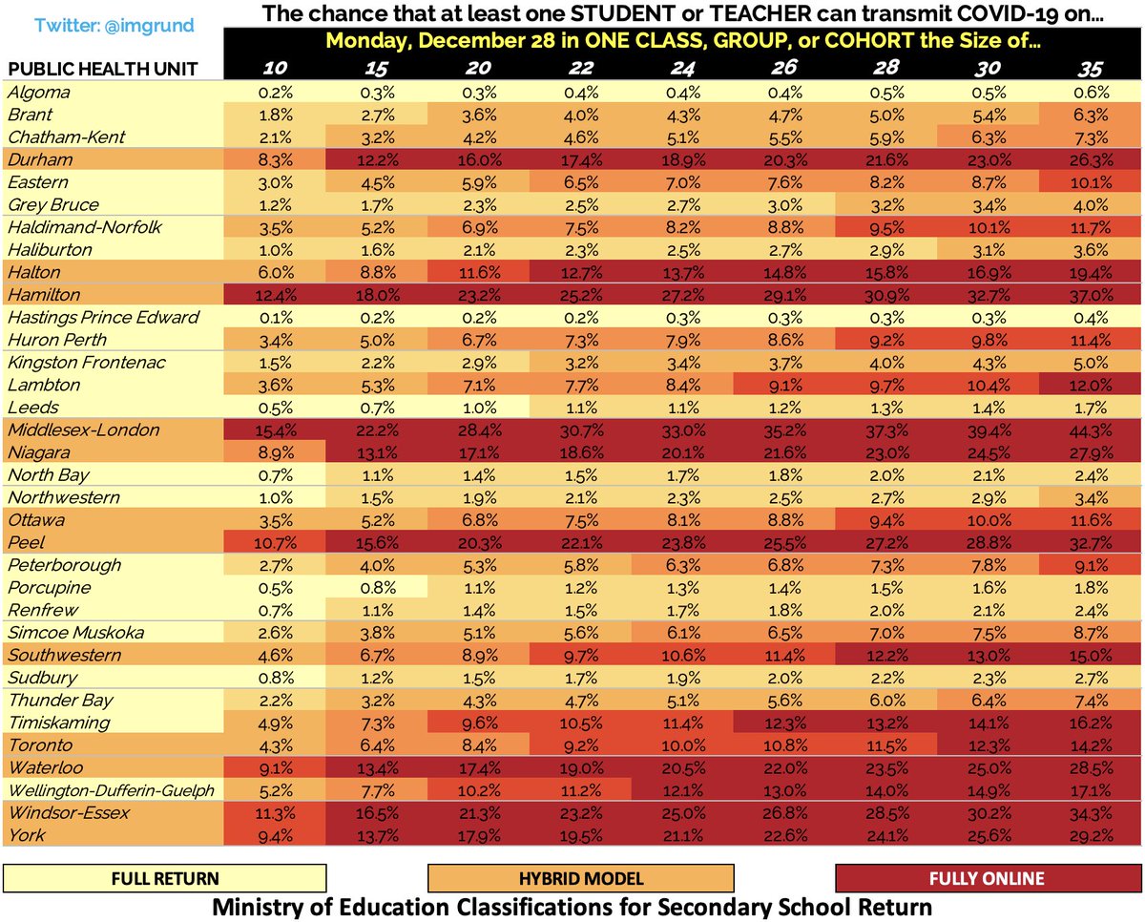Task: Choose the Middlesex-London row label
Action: tap(70, 430)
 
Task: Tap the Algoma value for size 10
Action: tap(274, 94)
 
